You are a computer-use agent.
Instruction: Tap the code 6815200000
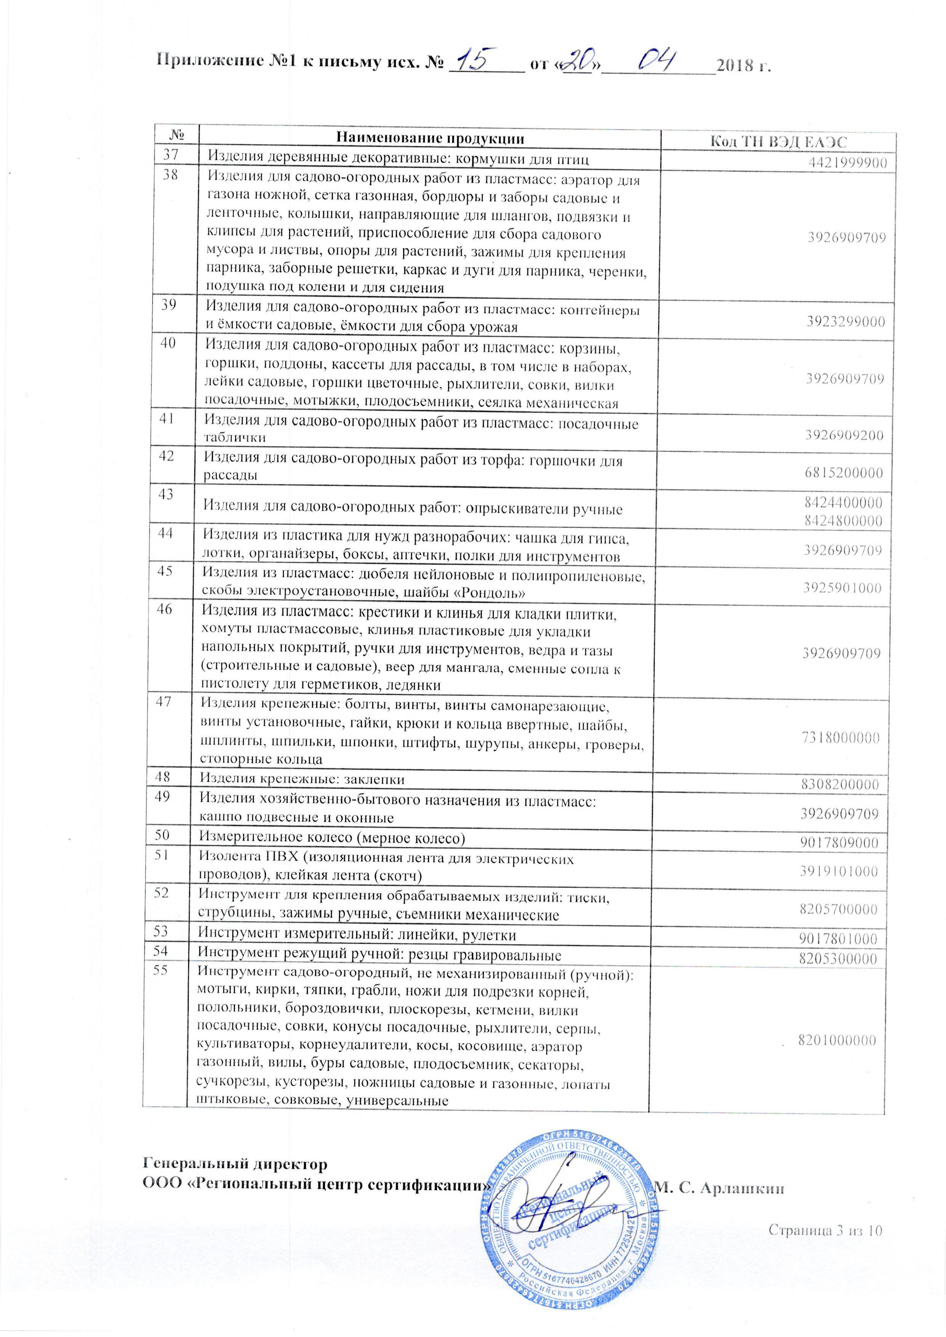[844, 473]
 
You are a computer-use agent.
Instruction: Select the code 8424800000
[844, 520]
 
